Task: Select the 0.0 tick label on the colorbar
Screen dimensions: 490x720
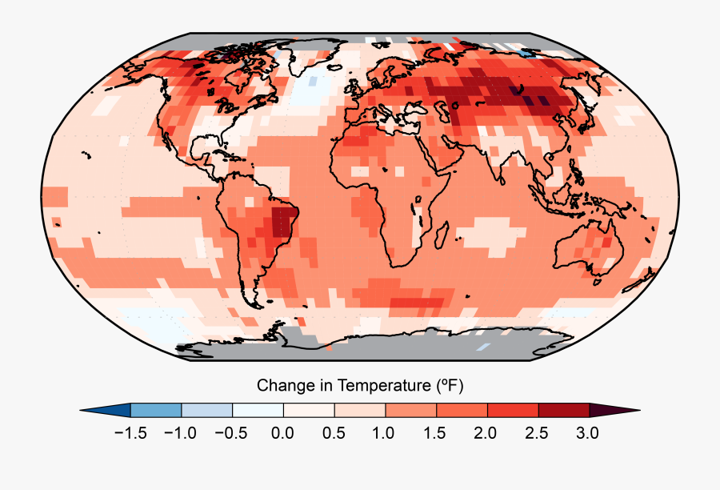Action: pyautogui.click(x=282, y=433)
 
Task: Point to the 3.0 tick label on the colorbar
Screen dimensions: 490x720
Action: pyautogui.click(x=588, y=433)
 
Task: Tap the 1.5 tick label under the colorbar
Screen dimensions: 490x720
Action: pyautogui.click(x=435, y=433)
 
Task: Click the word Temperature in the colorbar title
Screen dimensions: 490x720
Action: pyautogui.click(x=382, y=386)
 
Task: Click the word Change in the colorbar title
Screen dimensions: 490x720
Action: pyautogui.click(x=282, y=386)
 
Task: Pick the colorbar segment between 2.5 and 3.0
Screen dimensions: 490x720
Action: pyautogui.click(x=563, y=410)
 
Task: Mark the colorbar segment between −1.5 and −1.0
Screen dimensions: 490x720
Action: pyautogui.click(x=156, y=410)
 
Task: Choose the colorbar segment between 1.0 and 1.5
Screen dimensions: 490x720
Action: pyautogui.click(x=410, y=410)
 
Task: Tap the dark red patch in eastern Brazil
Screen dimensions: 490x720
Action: pyautogui.click(x=282, y=221)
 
